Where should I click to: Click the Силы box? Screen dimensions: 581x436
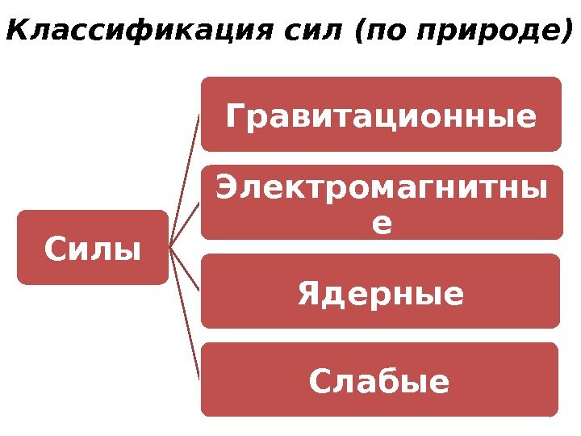[x=93, y=248]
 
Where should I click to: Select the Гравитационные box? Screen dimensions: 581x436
[x=381, y=114]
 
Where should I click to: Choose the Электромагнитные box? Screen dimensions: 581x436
[x=381, y=202]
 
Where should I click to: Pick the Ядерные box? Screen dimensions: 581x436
[x=381, y=291]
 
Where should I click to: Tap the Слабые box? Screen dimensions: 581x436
[x=379, y=379]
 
